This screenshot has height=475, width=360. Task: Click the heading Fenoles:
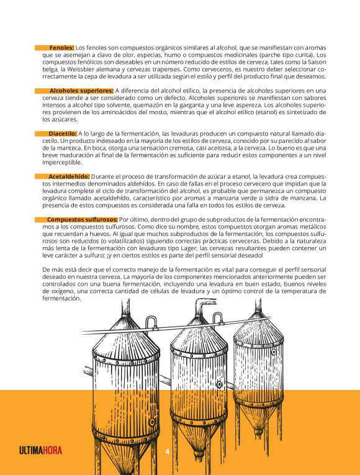tap(61, 48)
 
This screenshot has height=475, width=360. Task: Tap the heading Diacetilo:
tap(62, 133)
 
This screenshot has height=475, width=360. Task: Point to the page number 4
tap(167, 451)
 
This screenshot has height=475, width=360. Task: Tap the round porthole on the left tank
tap(152, 422)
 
